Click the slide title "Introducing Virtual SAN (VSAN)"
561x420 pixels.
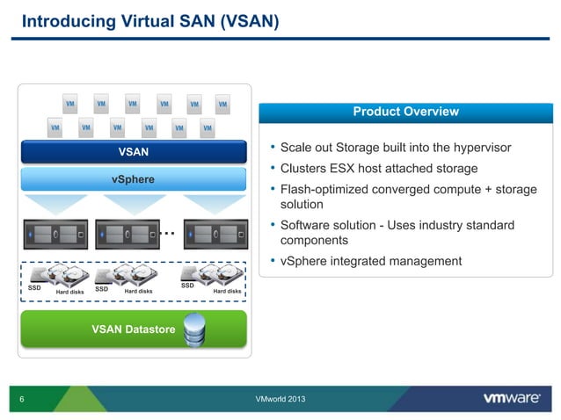tap(149, 20)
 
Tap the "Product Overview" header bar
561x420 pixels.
tap(405, 112)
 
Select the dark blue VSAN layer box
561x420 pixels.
tap(134, 152)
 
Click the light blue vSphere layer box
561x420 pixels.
tap(134, 180)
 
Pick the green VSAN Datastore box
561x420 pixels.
tap(134, 329)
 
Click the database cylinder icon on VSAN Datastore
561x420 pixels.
tap(194, 330)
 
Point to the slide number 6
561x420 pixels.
tap(21, 400)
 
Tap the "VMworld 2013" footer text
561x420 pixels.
tap(280, 400)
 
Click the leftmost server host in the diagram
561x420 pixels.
tap(58, 235)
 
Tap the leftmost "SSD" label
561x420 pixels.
tap(35, 287)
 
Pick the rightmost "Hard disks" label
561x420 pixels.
tap(227, 292)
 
